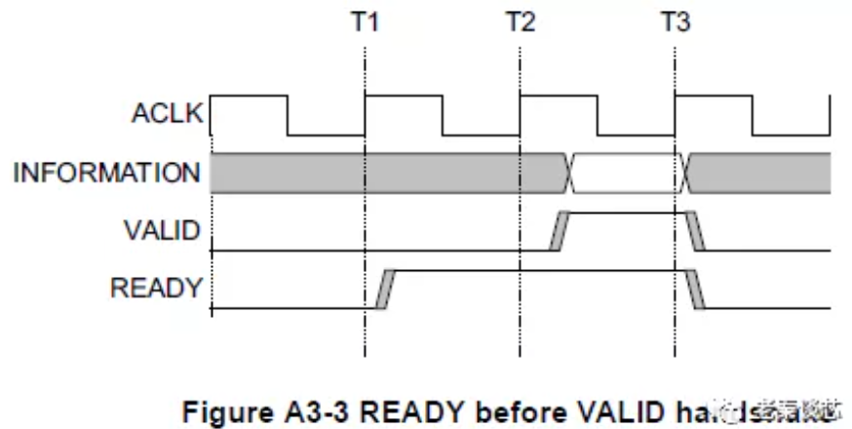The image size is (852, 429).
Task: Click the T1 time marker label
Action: [364, 21]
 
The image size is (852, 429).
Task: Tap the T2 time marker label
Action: [520, 21]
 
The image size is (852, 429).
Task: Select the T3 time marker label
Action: [675, 21]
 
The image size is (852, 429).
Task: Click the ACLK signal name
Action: [167, 114]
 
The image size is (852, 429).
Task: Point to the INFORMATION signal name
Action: [106, 174]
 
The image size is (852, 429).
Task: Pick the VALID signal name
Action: [162, 231]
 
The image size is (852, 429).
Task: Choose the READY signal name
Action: [157, 288]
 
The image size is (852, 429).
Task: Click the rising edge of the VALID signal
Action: [558, 231]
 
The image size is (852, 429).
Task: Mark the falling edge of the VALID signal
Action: [694, 231]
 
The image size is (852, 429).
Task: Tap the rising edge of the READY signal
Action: [383, 289]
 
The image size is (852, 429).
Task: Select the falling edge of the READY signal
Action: [694, 289]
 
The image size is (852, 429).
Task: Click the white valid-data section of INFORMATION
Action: [624, 173]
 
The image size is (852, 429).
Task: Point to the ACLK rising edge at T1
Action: [365, 115]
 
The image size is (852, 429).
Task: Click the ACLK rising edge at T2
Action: [521, 115]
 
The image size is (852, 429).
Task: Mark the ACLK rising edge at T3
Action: [676, 115]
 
